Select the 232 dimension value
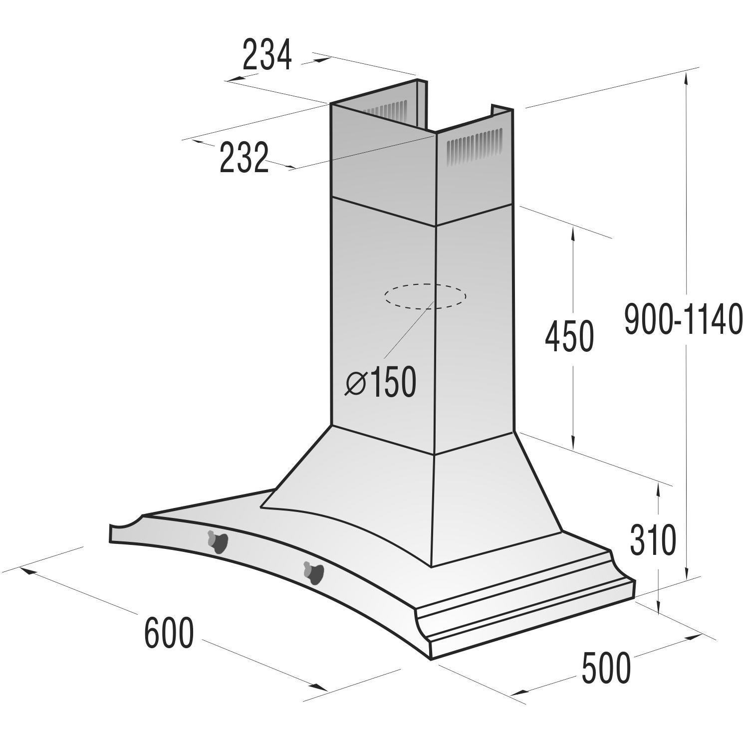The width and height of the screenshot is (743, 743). click(244, 158)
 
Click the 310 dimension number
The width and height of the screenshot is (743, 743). click(653, 540)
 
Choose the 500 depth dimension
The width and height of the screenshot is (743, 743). click(606, 669)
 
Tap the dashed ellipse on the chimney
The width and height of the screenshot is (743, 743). click(425, 296)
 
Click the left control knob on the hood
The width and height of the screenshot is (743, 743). click(218, 541)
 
